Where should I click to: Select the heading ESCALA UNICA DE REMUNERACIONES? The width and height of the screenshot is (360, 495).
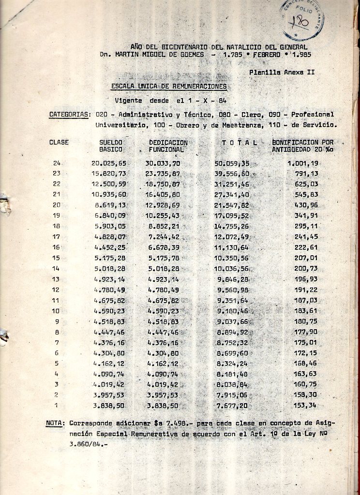(168, 87)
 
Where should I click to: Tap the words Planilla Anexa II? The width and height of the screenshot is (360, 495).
(282, 72)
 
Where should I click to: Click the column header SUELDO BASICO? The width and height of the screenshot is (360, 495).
(110, 146)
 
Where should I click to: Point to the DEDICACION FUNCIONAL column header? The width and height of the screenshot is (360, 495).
(168, 146)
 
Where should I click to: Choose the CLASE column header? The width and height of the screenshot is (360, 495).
(59, 143)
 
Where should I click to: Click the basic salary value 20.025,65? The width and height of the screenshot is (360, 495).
(108, 164)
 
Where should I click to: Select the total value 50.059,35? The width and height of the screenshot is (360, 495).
(232, 164)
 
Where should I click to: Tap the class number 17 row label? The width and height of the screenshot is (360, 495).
(57, 237)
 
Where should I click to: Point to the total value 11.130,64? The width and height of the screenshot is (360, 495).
(232, 247)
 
